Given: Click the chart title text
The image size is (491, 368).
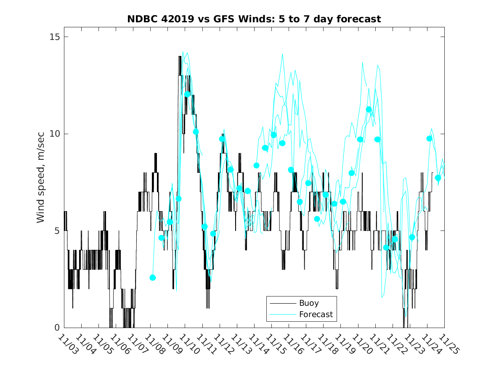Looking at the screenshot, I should coord(254,19).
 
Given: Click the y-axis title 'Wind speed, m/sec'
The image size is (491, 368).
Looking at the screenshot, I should coord(41,182).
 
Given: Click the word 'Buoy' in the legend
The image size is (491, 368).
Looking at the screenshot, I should coord(309,303).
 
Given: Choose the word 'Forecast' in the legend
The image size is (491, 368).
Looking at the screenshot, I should coord(316,314).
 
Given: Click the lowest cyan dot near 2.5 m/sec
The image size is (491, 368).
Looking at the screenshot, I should coord(153,278).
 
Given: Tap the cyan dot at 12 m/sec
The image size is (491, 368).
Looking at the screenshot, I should coord(187,94).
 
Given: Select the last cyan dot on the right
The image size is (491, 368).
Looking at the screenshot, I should coord(438,178).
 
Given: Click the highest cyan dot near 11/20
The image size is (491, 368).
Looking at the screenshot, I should coord(369,109).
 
